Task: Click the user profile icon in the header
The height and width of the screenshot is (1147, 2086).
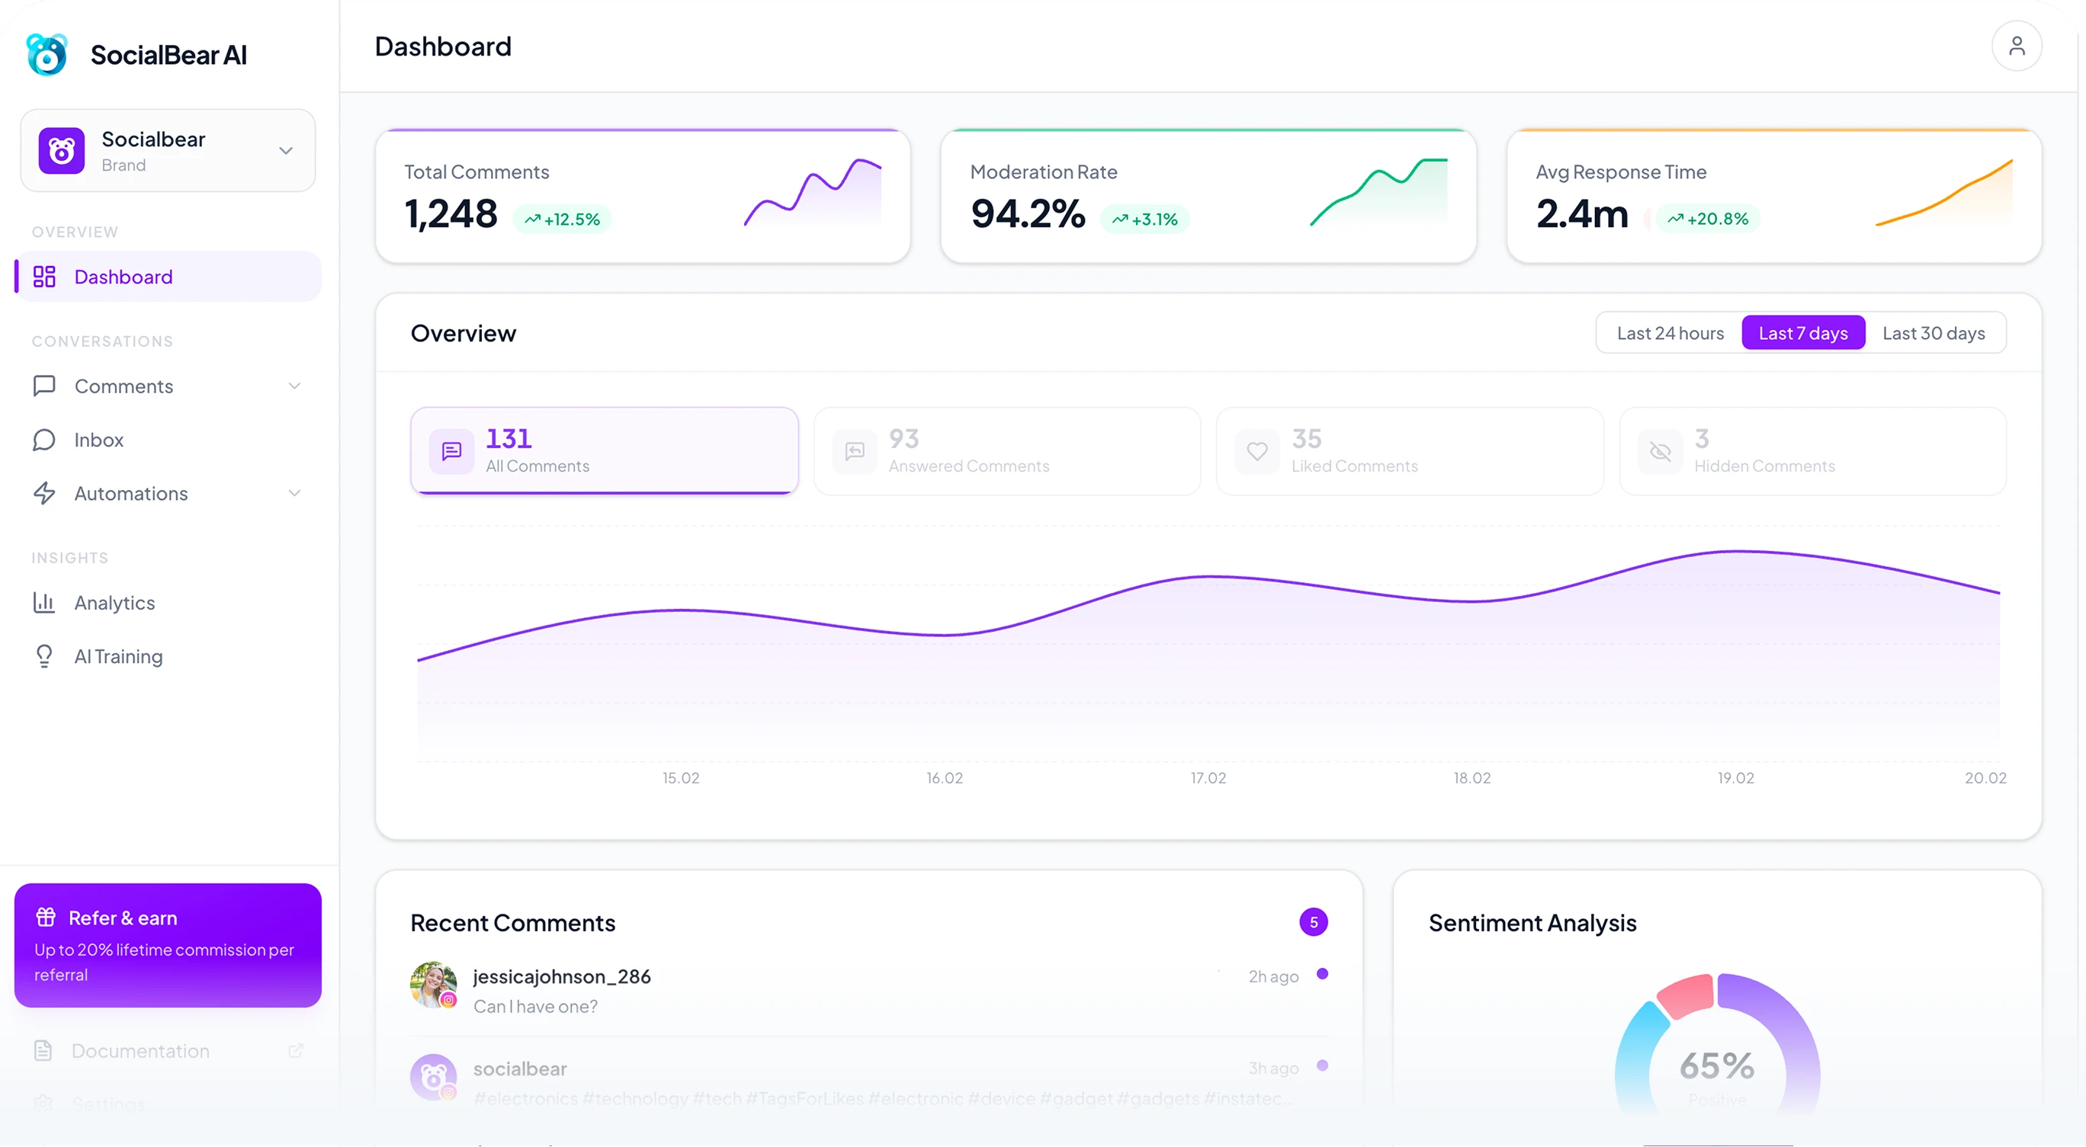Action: pyautogui.click(x=2017, y=46)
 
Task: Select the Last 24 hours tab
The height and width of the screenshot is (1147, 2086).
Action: pyautogui.click(x=1670, y=334)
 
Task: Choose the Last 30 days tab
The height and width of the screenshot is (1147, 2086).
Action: pyautogui.click(x=1933, y=334)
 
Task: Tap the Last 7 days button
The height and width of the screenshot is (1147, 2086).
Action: pyautogui.click(x=1802, y=334)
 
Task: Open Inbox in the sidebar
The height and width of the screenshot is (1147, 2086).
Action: pyautogui.click(x=99, y=440)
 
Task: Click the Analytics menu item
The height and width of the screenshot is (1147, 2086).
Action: pyautogui.click(x=114, y=603)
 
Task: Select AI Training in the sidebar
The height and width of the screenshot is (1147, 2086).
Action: pyautogui.click(x=118, y=656)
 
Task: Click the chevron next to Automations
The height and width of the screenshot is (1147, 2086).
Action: pyautogui.click(x=295, y=493)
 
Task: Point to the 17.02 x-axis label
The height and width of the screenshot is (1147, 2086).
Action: pyautogui.click(x=1208, y=778)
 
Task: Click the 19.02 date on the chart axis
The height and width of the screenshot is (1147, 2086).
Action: pyautogui.click(x=1735, y=778)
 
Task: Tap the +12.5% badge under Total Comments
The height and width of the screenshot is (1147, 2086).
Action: pyautogui.click(x=563, y=219)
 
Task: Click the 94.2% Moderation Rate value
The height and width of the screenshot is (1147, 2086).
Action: pyautogui.click(x=1028, y=213)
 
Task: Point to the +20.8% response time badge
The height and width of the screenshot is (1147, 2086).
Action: pyautogui.click(x=1708, y=219)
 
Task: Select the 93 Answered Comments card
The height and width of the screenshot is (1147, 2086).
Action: pyautogui.click(x=1006, y=451)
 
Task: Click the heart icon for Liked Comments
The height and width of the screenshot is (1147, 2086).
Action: pyautogui.click(x=1256, y=451)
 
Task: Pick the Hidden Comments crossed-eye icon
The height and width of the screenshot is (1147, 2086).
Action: pyautogui.click(x=1660, y=451)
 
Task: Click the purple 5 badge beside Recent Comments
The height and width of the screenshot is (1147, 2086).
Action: pyautogui.click(x=1313, y=922)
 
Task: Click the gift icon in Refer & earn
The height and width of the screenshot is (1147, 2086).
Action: pyautogui.click(x=45, y=917)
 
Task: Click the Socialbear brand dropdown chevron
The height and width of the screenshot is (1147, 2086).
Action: pyautogui.click(x=286, y=151)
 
